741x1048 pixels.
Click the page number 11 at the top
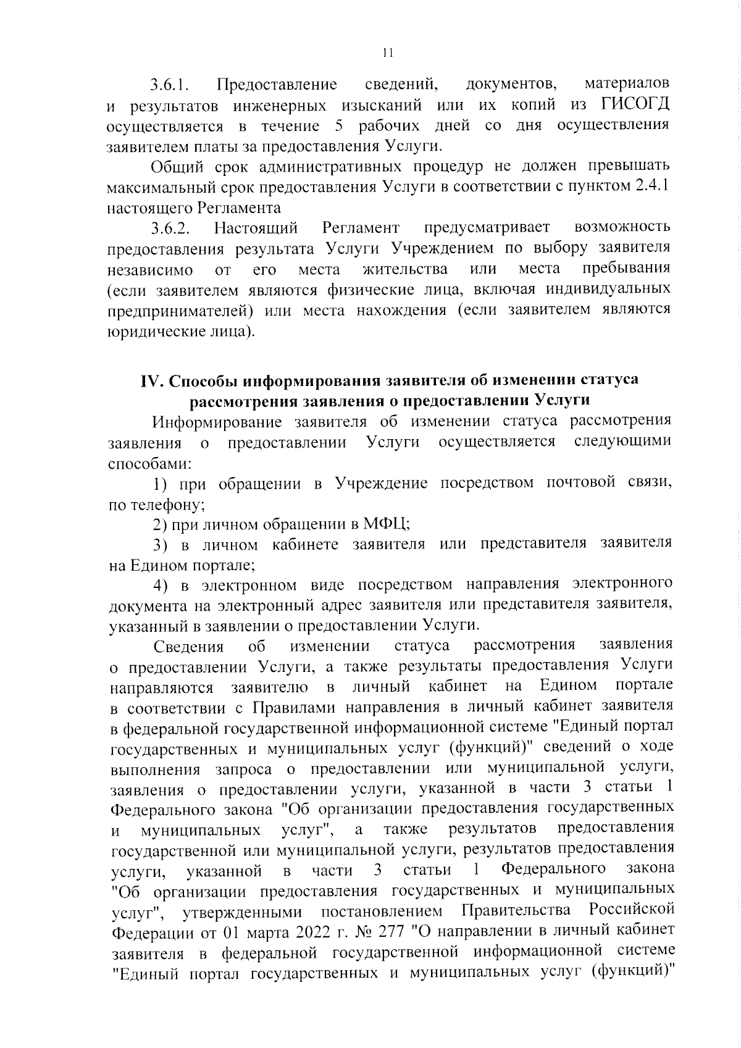click(387, 53)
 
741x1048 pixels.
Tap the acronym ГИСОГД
click(635, 105)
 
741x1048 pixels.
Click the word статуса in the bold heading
click(606, 380)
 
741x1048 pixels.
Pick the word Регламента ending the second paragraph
click(241, 207)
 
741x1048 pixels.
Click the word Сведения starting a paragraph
click(188, 646)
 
